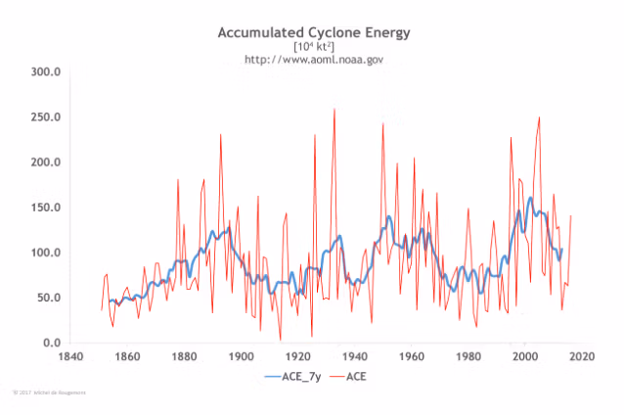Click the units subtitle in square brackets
point(313,47)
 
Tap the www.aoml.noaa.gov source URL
point(313,60)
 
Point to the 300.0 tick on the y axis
point(46,72)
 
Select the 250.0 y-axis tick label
point(46,117)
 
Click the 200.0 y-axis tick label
point(46,162)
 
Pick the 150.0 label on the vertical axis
point(46,207)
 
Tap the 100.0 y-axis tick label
point(46,253)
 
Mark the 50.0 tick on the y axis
point(49,298)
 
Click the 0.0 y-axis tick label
point(52,343)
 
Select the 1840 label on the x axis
point(70,356)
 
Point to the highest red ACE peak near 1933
point(334,110)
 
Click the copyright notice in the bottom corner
point(49,392)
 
